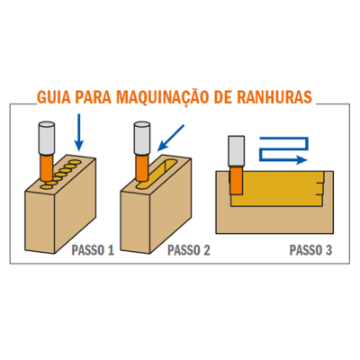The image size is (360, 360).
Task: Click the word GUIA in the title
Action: click(x=53, y=97)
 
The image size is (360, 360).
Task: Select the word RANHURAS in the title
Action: click(x=274, y=97)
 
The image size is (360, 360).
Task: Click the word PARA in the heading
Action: click(x=93, y=97)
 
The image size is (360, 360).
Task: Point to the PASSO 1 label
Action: click(x=93, y=250)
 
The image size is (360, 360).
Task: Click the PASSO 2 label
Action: click(x=189, y=250)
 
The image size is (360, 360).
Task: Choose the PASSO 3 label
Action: click(x=310, y=250)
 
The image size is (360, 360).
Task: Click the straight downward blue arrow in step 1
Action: click(x=79, y=132)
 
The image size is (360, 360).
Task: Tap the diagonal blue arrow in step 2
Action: click(x=171, y=138)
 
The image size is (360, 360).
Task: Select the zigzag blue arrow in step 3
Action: click(x=283, y=149)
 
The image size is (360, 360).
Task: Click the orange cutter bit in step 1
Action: click(x=47, y=167)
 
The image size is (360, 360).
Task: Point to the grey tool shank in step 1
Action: click(x=47, y=138)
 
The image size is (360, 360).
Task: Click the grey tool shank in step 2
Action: click(x=142, y=138)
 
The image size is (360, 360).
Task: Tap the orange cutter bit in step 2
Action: click(x=142, y=167)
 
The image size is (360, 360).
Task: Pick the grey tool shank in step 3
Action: click(x=237, y=151)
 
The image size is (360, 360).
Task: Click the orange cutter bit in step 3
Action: click(x=237, y=180)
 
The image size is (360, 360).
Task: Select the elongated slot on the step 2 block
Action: click(x=157, y=175)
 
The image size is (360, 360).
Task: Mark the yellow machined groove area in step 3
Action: click(x=277, y=189)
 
